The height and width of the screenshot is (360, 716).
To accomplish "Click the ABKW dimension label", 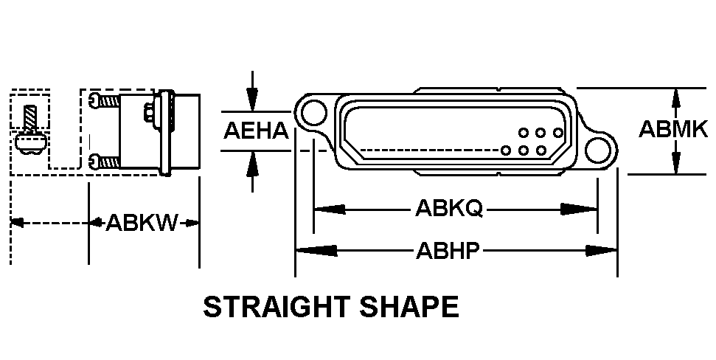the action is click(141, 223).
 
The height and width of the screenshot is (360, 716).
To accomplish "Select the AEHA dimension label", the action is click(256, 131).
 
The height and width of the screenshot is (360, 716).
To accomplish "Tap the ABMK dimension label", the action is click(673, 129).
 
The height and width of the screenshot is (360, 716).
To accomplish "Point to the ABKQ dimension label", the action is click(449, 209).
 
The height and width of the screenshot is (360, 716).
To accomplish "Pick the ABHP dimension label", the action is click(448, 250).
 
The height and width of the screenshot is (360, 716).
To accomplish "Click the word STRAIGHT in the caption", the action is click(277, 307).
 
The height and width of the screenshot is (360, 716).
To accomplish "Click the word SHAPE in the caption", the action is click(409, 307).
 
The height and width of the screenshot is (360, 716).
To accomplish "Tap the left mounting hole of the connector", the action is click(314, 113).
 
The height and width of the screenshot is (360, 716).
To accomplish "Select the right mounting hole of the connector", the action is click(598, 150).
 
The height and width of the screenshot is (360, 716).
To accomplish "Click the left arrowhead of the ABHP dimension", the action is click(316, 250).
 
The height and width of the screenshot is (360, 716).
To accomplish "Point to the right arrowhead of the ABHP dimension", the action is click(602, 250).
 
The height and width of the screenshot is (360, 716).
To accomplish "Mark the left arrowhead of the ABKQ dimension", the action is click(329, 210).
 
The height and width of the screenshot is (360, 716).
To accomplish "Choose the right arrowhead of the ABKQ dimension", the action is click(579, 210).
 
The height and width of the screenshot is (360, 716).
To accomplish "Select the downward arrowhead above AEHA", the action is click(252, 100).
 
